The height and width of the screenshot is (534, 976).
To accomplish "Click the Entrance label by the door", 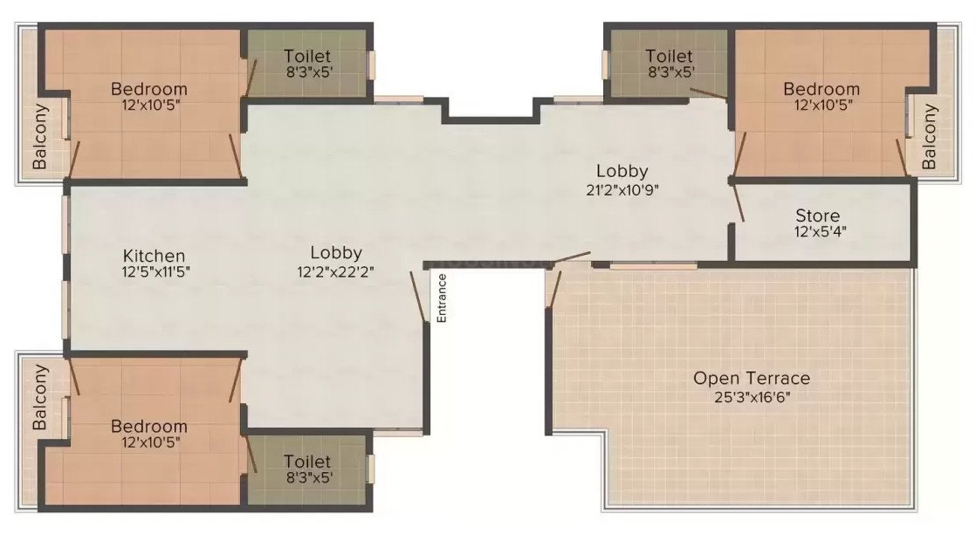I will (442, 299).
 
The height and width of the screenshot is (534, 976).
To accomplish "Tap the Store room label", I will (818, 216).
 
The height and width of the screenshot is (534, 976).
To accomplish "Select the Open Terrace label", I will (752, 378).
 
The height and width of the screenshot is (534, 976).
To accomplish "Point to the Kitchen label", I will (154, 256).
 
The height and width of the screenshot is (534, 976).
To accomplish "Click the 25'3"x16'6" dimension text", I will (752, 395).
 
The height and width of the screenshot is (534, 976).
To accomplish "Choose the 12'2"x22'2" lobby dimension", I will (336, 270).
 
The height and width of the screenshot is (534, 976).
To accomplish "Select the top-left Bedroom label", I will (148, 88).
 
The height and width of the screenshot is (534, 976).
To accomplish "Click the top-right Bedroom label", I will (821, 88).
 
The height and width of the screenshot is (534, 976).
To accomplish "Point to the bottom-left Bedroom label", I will (148, 426).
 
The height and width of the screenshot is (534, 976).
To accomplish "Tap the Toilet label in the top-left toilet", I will (307, 57).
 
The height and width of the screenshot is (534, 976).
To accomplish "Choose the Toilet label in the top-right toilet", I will (670, 57).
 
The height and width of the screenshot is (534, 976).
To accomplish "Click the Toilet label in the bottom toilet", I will (307, 460).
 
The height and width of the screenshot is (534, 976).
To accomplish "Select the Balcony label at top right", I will (930, 137).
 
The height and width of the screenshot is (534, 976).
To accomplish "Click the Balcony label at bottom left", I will (40, 397).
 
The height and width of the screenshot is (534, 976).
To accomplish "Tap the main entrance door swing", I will (419, 297).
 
